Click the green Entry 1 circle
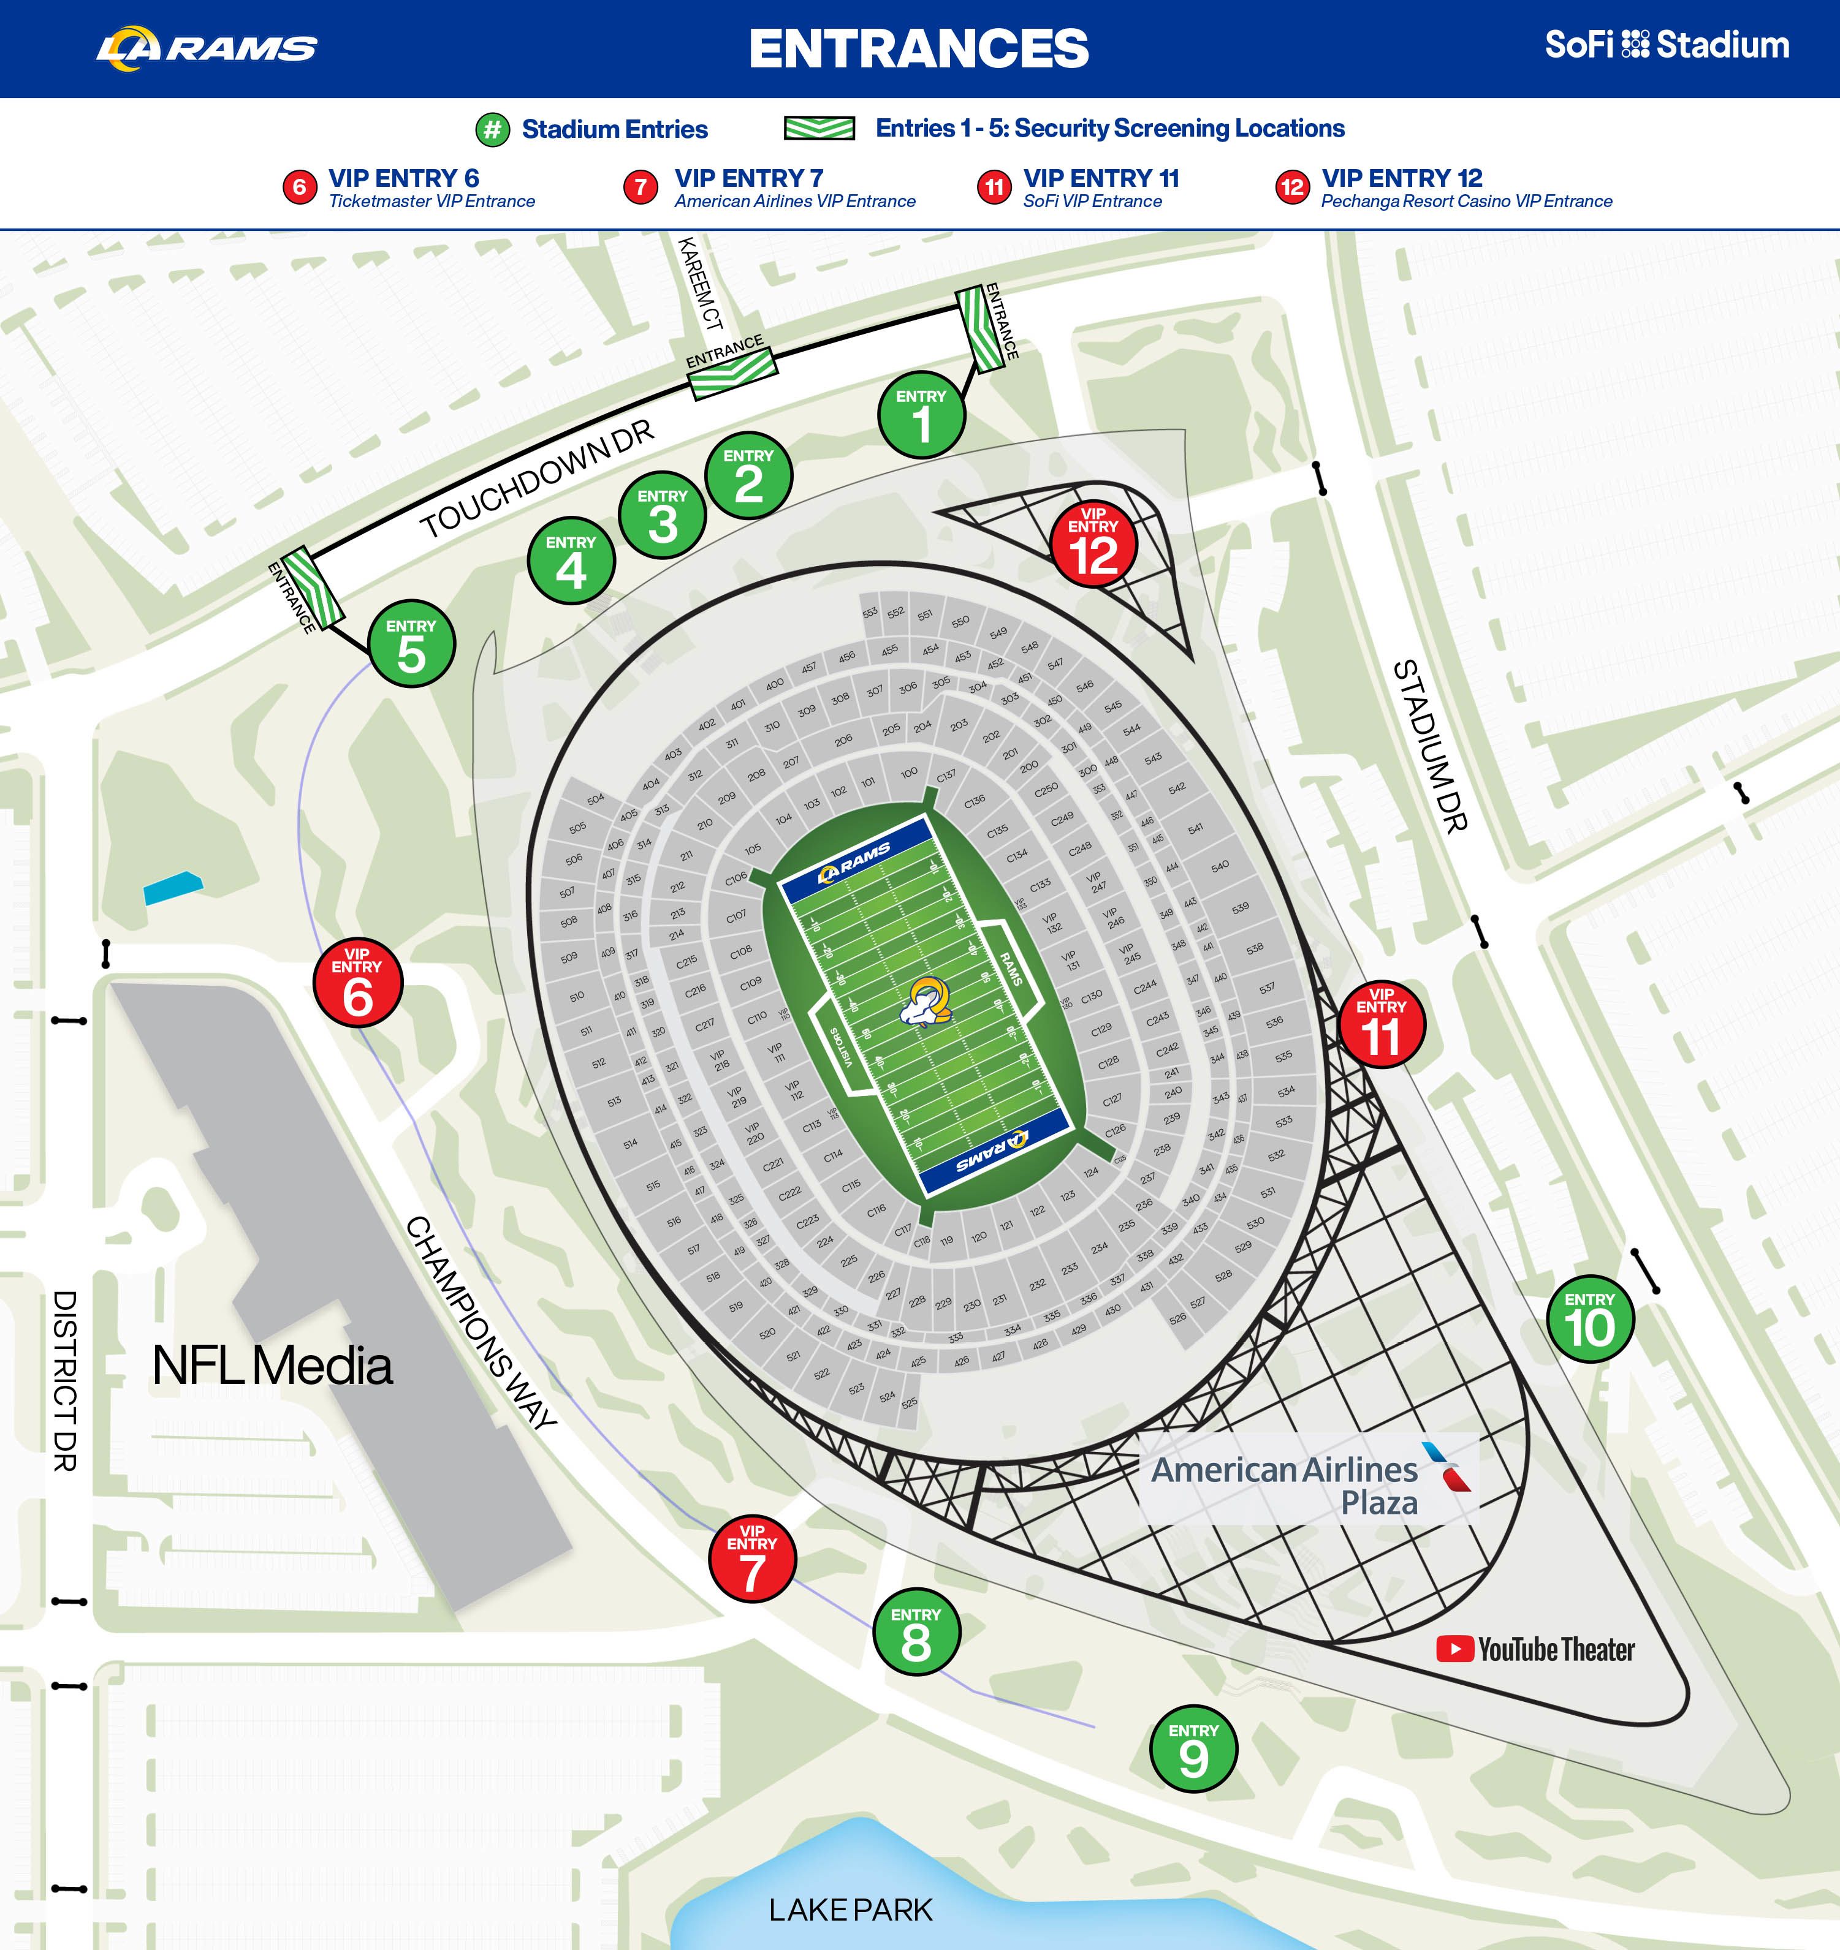(x=921, y=415)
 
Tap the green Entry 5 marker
(x=411, y=644)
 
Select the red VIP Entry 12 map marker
(x=1093, y=545)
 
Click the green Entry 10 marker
(x=1590, y=1319)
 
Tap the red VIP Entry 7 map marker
(x=753, y=1559)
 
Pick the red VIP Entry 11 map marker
(x=1382, y=1024)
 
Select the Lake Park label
(x=850, y=1909)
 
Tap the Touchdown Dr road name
(x=537, y=481)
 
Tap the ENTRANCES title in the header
(x=919, y=48)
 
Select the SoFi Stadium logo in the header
(x=1667, y=45)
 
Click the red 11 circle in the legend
(x=994, y=186)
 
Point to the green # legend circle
(x=493, y=129)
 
